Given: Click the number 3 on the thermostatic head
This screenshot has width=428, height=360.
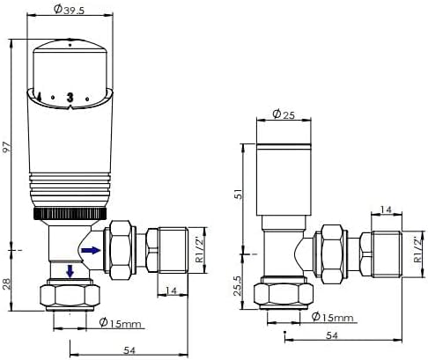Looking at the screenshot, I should tap(69, 98).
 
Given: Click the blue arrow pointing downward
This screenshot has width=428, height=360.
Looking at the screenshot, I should tap(69, 269).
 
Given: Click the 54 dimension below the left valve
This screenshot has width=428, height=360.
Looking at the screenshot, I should tap(129, 351).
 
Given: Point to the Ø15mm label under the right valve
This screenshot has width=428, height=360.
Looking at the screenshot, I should tap(334, 315).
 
